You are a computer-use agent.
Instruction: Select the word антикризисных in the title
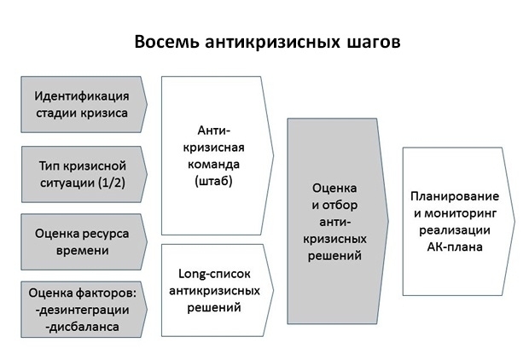point(272,43)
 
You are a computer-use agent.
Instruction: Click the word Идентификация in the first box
point(82,96)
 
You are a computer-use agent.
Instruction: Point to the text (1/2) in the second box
point(112,183)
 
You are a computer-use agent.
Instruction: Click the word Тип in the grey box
point(49,166)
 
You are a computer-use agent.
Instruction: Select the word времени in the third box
point(82,251)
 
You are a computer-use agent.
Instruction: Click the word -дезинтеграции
point(82,310)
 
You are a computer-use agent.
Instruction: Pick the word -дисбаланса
point(82,327)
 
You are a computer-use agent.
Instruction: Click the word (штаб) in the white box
point(213,181)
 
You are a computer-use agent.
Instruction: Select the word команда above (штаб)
point(213,165)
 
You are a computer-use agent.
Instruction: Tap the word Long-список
point(214,274)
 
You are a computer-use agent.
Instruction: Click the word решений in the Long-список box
point(214,308)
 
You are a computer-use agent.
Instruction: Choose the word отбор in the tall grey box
point(340,205)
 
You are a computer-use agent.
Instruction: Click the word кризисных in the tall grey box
point(334,239)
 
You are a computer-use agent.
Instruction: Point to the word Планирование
point(455,196)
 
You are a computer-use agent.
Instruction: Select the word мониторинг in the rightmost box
point(460,213)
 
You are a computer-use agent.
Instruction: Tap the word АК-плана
point(455,247)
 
